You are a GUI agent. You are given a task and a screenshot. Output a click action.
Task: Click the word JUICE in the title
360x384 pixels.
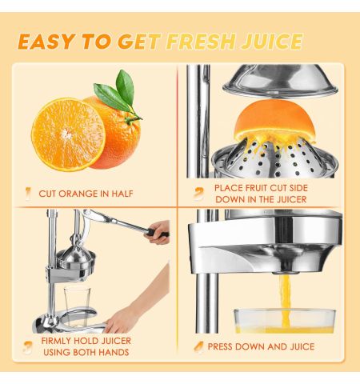pos(272,42)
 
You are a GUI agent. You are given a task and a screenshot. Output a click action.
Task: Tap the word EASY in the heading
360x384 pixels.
pos(46,42)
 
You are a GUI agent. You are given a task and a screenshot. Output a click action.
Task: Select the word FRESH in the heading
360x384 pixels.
pos(202,42)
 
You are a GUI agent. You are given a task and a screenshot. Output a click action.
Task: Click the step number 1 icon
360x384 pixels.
pos(28,194)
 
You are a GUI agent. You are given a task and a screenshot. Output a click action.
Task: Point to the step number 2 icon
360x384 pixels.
pos(198,194)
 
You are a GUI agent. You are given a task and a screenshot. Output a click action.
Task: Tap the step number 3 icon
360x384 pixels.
pos(28,347)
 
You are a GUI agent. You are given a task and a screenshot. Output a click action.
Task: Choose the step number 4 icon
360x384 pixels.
pos(198,347)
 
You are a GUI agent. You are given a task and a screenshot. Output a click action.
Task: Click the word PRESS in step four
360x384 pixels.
pos(220,346)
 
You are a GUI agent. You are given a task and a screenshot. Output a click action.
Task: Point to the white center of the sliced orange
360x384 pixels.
pos(66,134)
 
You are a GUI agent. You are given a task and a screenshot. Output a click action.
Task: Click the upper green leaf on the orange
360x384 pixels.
pos(125,86)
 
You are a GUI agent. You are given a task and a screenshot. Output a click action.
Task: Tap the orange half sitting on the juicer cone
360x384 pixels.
pos(274,120)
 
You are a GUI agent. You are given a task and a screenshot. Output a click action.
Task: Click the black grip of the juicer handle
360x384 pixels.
pos(158,233)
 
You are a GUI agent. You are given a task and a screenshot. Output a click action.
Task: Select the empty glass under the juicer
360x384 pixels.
pos(77,306)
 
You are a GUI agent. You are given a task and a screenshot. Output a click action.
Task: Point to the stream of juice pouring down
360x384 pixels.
pos(286,301)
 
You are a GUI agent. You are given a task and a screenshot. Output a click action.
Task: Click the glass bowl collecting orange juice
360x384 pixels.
pos(285,321)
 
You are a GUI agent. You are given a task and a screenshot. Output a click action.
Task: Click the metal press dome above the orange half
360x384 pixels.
pos(280,81)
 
